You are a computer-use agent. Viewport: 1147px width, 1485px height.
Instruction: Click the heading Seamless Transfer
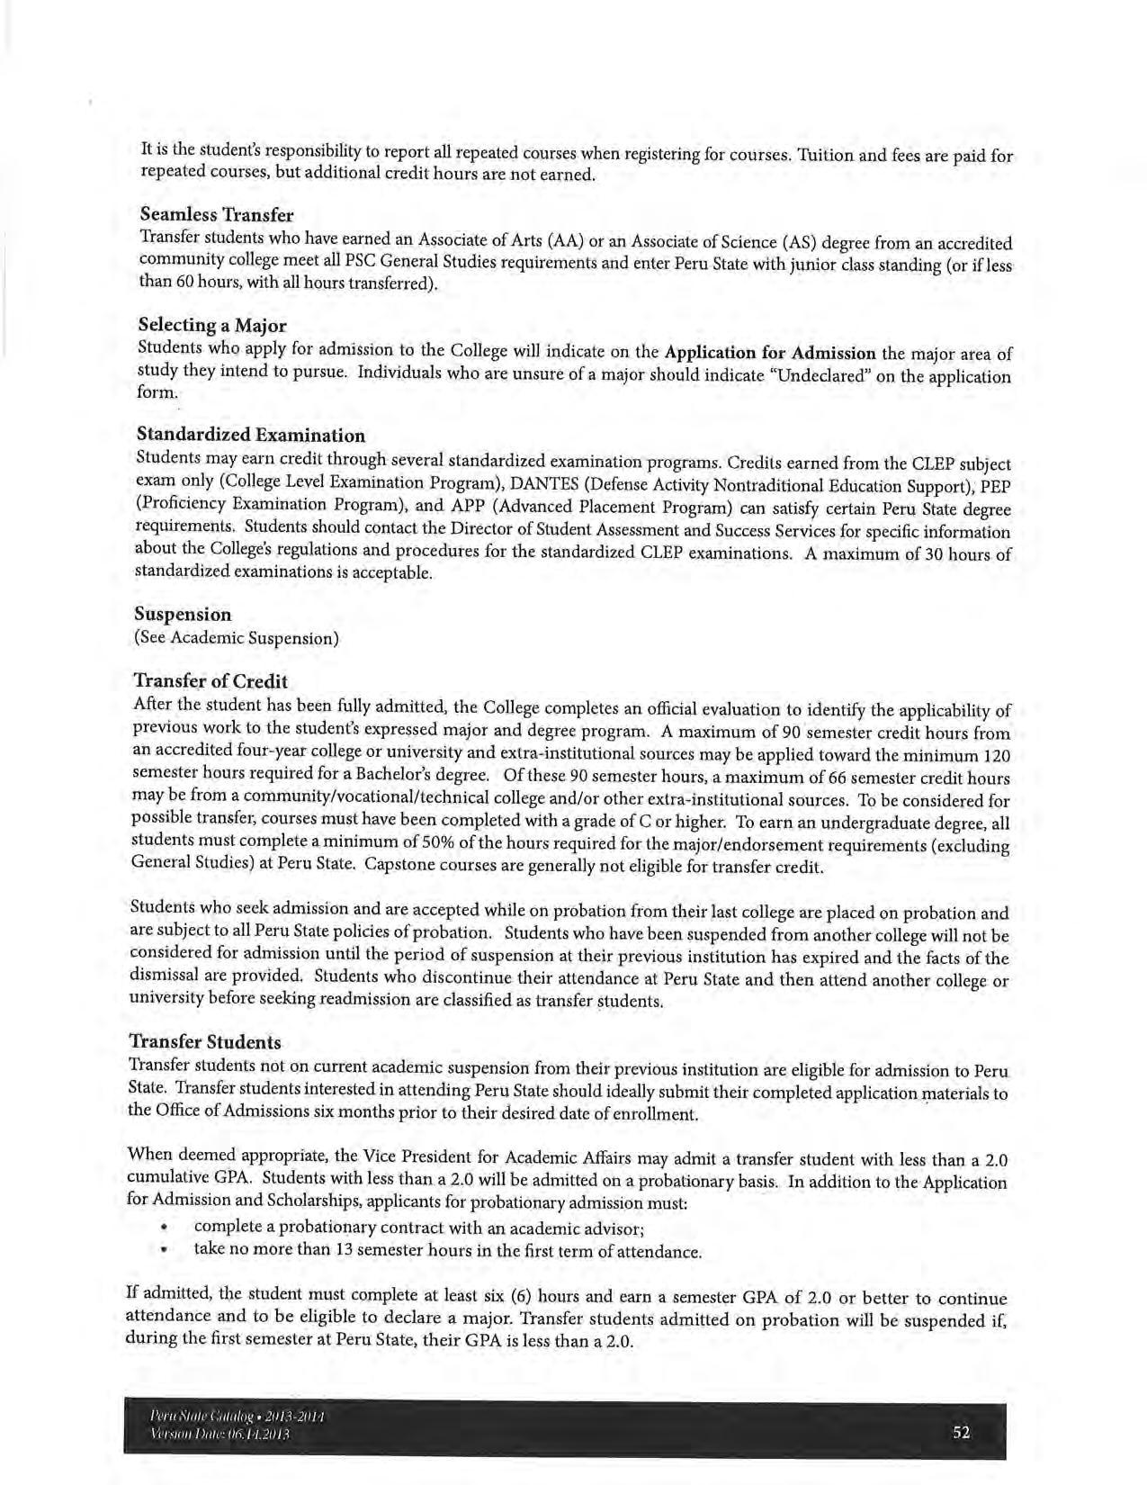217,215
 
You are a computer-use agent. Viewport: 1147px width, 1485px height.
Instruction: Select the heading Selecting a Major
212,324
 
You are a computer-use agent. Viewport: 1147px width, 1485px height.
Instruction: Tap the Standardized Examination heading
251,436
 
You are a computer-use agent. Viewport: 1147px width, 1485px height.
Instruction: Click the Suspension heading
183,614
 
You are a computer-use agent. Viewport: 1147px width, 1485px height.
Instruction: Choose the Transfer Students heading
206,1042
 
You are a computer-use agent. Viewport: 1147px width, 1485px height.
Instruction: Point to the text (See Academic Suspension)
237,638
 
